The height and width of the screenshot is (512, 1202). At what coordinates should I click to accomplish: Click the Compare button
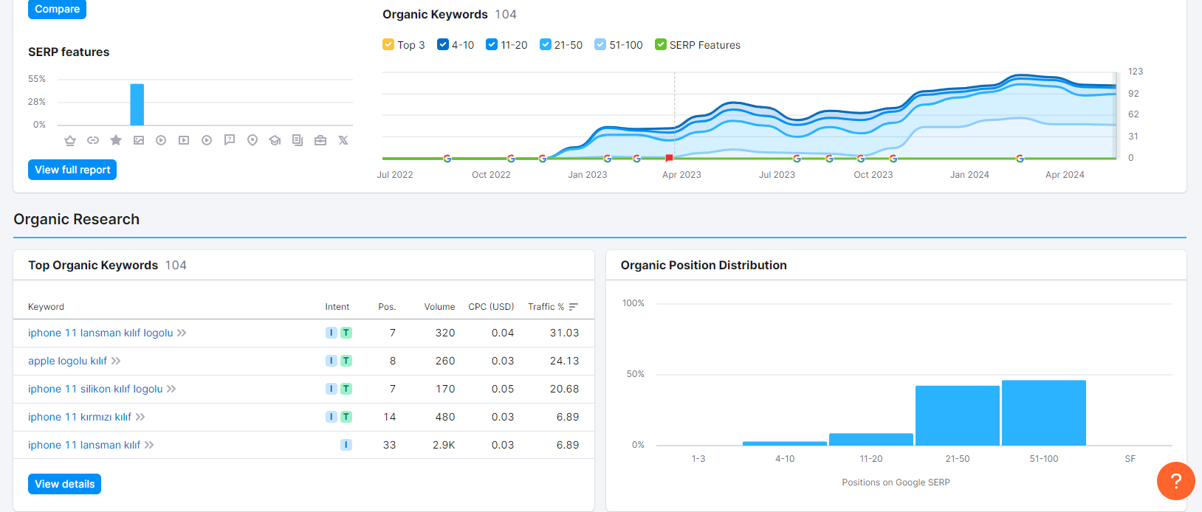pyautogui.click(x=57, y=9)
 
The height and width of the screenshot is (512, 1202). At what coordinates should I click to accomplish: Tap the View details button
pyautogui.click(x=64, y=483)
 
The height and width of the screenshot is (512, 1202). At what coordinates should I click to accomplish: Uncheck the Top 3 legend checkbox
pyautogui.click(x=388, y=44)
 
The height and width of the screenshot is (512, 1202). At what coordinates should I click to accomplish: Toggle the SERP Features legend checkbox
pyautogui.click(x=661, y=44)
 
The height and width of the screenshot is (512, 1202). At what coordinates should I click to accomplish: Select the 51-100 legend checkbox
pyautogui.click(x=600, y=44)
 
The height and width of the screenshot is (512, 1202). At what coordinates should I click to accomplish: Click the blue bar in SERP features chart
pyautogui.click(x=137, y=105)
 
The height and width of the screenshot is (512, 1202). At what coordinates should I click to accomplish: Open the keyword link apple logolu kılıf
pyautogui.click(x=68, y=361)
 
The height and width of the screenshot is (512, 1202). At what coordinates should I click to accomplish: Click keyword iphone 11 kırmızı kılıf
pyautogui.click(x=80, y=417)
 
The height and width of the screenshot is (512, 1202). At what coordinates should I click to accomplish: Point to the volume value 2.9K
pyautogui.click(x=444, y=445)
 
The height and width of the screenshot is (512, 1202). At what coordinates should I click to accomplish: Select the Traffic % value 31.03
pyautogui.click(x=565, y=333)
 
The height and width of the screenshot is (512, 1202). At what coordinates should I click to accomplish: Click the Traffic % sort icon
pyautogui.click(x=574, y=307)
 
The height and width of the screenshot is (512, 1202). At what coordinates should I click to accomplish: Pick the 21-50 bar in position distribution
pyautogui.click(x=958, y=415)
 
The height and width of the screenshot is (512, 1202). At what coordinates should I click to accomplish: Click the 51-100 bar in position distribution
pyautogui.click(x=1044, y=413)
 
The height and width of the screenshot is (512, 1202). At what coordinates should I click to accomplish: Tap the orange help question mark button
pyautogui.click(x=1175, y=481)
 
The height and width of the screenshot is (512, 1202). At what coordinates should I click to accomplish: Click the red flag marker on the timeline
pyautogui.click(x=669, y=158)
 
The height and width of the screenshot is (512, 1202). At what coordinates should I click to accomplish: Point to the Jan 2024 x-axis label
pyautogui.click(x=969, y=175)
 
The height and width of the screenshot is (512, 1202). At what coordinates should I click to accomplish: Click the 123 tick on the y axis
pyautogui.click(x=1136, y=72)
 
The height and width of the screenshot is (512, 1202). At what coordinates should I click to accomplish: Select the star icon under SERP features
pyautogui.click(x=116, y=140)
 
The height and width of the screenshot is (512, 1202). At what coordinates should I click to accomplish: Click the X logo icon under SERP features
pyautogui.click(x=343, y=140)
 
